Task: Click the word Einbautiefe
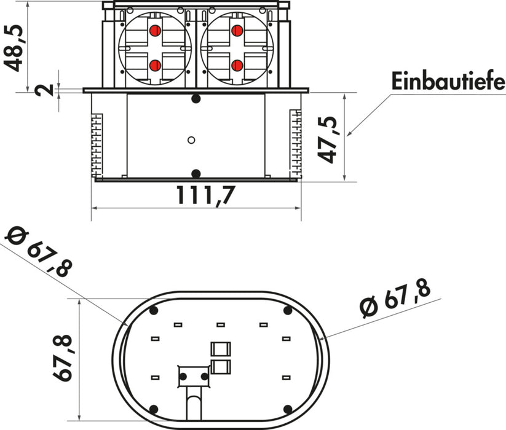[447, 81]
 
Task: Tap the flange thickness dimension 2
[43, 90]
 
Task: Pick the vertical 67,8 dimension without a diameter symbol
[59, 358]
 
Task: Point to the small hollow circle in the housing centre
[191, 140]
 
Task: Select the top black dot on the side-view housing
[196, 99]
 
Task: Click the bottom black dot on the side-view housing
[196, 173]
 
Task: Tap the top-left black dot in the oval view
[153, 311]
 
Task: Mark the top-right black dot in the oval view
[288, 311]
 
